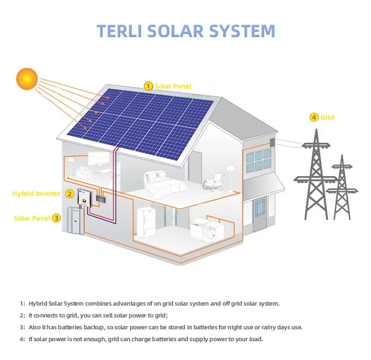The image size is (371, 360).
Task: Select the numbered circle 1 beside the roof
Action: pyautogui.click(x=148, y=86)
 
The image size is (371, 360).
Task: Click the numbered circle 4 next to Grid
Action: pyautogui.click(x=314, y=117)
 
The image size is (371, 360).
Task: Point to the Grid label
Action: pyautogui.click(x=327, y=118)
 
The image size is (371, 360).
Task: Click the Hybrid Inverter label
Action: pyautogui.click(x=36, y=194)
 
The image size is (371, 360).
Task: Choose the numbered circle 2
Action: pyautogui.click(x=70, y=194)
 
